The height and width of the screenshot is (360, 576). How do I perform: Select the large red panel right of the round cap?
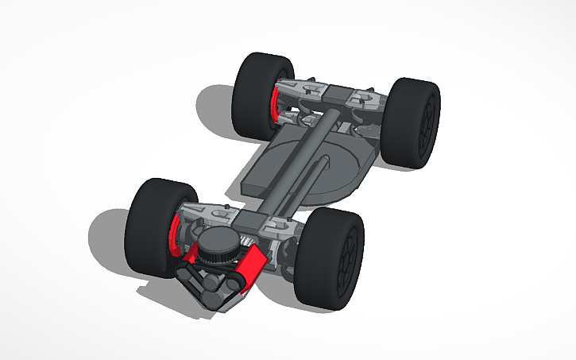point(251,266)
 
